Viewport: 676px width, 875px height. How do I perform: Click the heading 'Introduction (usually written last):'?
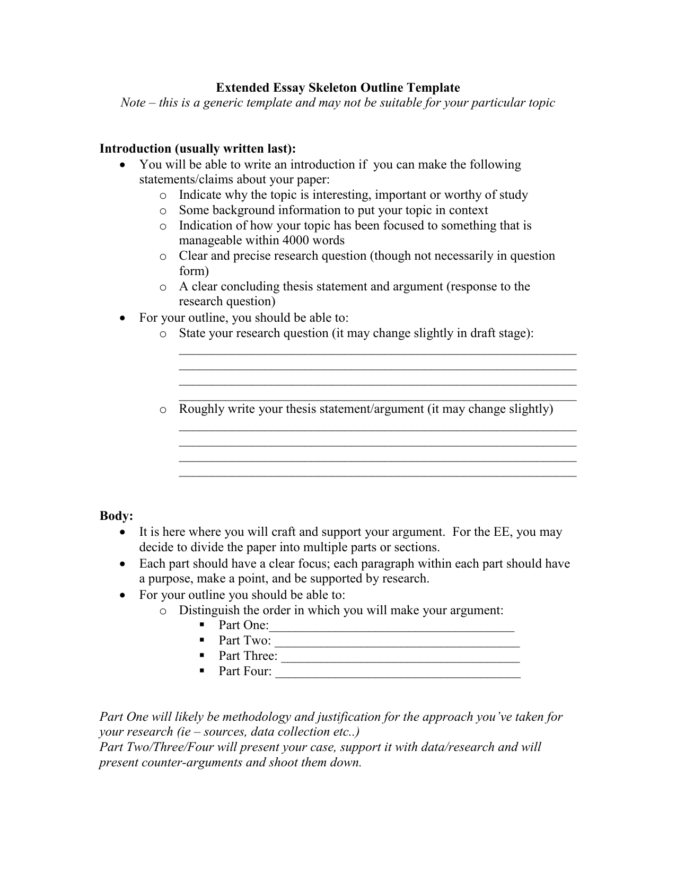tap(198, 149)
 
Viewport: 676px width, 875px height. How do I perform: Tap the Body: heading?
tap(116, 516)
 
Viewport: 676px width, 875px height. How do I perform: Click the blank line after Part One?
tap(392, 627)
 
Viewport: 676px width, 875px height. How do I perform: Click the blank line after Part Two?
tap(397, 642)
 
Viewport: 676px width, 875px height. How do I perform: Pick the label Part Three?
tap(248, 656)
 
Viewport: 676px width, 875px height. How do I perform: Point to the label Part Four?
tap(245, 671)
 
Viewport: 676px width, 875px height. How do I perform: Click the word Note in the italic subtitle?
tap(133, 103)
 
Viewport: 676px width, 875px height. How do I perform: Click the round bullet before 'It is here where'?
tap(123, 532)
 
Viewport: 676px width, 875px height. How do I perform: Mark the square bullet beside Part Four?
tap(203, 671)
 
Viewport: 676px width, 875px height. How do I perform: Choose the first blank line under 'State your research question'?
tap(377, 352)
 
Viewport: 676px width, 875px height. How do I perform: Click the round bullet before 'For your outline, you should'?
tap(123, 318)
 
